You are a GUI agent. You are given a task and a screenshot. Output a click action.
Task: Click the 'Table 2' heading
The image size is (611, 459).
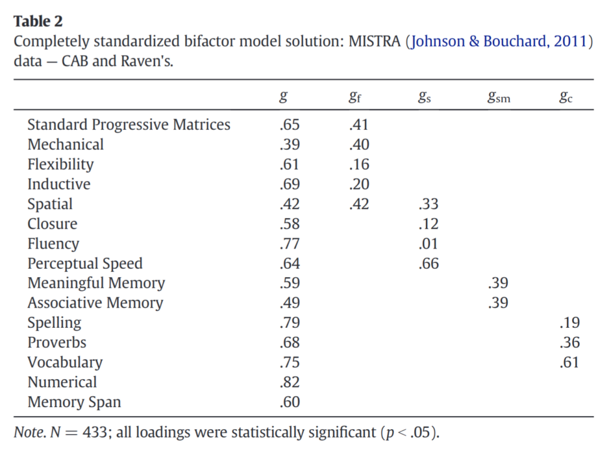pos(38,21)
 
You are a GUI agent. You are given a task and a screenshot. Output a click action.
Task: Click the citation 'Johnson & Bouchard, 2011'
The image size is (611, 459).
pos(499,42)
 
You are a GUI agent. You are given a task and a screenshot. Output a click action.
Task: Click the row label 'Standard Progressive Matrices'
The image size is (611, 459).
pos(129,125)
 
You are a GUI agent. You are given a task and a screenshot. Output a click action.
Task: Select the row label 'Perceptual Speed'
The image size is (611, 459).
pos(85,263)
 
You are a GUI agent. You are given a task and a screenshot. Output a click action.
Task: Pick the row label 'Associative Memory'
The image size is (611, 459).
pos(95,303)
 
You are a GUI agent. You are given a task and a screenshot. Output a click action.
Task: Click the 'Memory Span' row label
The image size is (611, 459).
pos(74,402)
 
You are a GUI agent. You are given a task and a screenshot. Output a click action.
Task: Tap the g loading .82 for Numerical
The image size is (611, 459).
pos(289,382)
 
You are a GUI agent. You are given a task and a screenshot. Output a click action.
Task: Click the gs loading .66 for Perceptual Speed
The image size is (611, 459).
pos(428,263)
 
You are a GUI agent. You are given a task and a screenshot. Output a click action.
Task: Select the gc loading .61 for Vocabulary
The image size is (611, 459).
pos(569,362)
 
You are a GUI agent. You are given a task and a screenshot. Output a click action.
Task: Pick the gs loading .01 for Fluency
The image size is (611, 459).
pos(428,244)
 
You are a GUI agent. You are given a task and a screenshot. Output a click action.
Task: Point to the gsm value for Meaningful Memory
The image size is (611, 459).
pos(498,283)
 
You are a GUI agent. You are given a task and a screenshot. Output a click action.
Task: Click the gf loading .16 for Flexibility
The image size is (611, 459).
pos(359,165)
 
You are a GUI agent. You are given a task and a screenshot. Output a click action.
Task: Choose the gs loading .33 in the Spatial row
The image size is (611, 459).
pos(428,204)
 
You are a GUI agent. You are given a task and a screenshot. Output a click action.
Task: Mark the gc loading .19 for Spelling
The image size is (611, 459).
pos(569,323)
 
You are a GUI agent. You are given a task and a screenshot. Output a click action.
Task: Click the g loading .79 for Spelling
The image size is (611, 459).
pos(289,323)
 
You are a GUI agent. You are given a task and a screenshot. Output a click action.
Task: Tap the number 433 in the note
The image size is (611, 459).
pos(98,432)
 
